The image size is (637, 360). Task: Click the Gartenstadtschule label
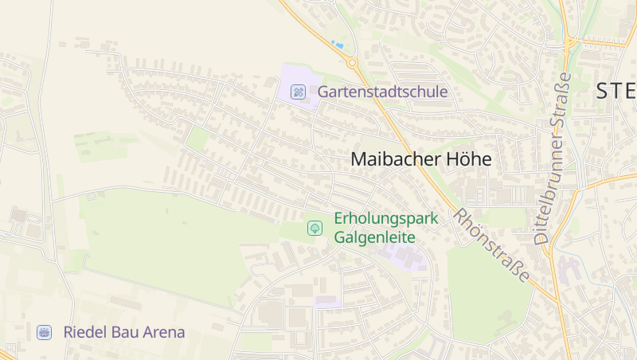[382, 92]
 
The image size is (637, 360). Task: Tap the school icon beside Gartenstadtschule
[299, 92]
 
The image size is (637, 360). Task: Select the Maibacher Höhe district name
[421, 159]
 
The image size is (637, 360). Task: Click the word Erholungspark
[374, 217]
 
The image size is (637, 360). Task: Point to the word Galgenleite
[374, 237]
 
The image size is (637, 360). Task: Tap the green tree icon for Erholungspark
[315, 229]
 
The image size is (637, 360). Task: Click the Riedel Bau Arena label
[124, 332]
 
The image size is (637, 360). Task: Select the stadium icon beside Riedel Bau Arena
[45, 332]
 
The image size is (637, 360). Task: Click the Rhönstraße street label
[491, 245]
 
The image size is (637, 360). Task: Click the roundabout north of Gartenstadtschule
[352, 61]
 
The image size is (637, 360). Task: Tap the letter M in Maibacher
[361, 159]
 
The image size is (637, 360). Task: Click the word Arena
[166, 332]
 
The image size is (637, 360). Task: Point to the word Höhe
[471, 159]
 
